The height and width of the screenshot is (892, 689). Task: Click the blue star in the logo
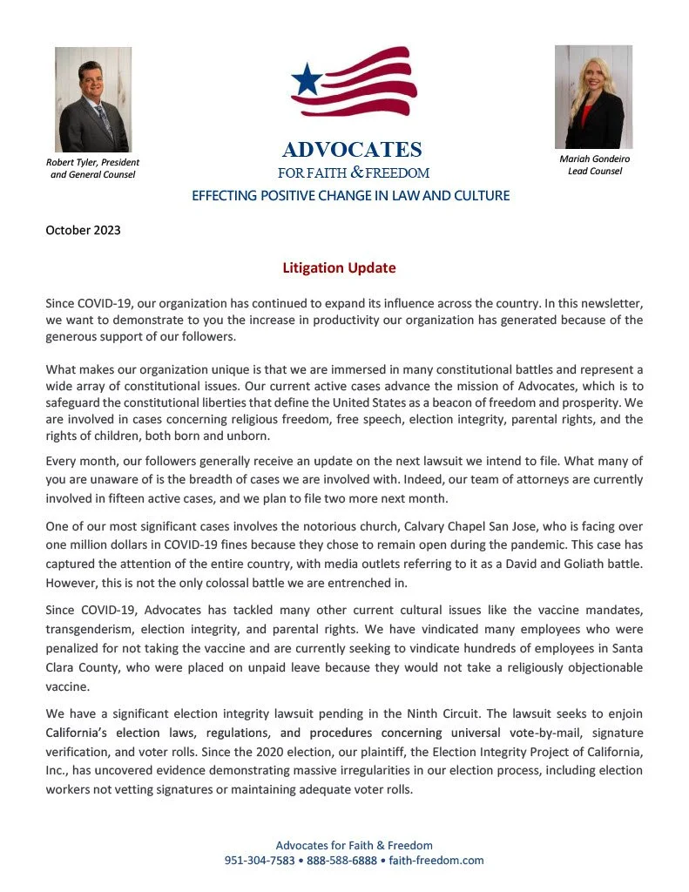[x=307, y=80]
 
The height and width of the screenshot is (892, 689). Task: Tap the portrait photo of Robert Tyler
[x=93, y=99]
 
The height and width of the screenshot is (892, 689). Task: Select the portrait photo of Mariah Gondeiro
[x=593, y=97]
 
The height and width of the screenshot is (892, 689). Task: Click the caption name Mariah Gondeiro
[x=595, y=159]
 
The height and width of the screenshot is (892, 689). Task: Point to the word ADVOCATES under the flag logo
[x=352, y=150]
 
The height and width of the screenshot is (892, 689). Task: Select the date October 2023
[x=83, y=231]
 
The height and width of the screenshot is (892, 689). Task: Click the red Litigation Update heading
[x=339, y=268]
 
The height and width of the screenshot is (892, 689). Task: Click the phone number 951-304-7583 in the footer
[x=259, y=860]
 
